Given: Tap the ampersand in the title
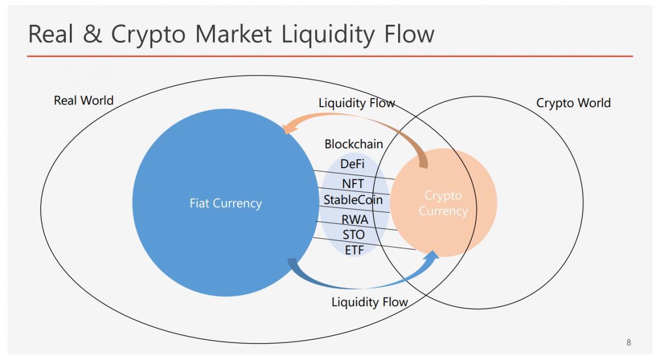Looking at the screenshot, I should pos(93,34).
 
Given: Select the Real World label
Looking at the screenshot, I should pos(84,101).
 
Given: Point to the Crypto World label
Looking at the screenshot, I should pos(573,103).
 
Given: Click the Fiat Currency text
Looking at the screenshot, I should pos(226,203).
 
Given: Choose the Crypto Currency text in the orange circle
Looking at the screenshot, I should pos(443,203).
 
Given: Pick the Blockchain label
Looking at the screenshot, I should pos(354,144).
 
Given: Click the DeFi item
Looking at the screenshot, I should pos(352,164).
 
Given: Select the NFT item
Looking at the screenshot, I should pos(353,184).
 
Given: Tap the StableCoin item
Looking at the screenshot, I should pos(353,200).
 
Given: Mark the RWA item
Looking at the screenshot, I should pos(355,219).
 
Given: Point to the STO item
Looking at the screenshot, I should pos(354,235).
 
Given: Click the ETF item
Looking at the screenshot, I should pos(354,250).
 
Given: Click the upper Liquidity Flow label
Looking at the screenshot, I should pos(356,103).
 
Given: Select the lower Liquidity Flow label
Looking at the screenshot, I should pos(370,302).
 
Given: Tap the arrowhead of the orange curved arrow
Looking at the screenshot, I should pos(288,129).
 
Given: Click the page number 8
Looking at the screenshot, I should pos(629,342).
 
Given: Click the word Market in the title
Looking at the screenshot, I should pos(233,34).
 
